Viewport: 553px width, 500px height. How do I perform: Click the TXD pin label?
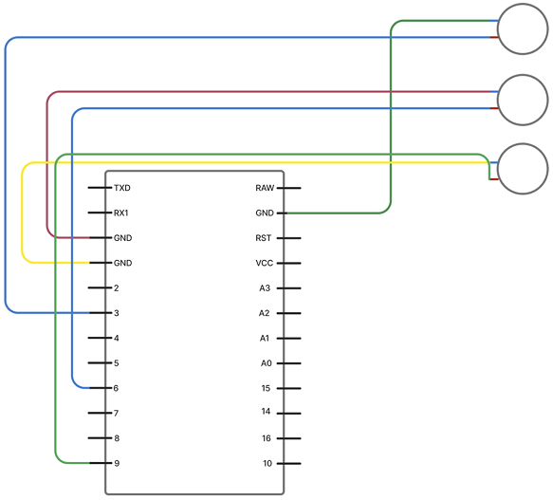(121, 188)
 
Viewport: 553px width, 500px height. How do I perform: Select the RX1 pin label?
(121, 213)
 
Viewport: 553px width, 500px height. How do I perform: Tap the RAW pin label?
(265, 188)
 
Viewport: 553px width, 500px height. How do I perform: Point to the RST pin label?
(265, 237)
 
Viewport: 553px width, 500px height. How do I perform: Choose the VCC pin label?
(265, 263)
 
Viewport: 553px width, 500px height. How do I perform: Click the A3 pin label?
(266, 287)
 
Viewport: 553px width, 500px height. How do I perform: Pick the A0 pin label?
(266, 362)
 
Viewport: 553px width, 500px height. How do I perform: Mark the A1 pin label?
(266, 338)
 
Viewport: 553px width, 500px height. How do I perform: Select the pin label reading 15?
(267, 387)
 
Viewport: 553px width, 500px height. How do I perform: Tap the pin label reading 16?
(267, 437)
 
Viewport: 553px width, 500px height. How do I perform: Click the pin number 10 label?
(267, 463)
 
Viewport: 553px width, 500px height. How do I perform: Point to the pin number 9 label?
(116, 463)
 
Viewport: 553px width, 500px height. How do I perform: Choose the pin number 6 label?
(116, 387)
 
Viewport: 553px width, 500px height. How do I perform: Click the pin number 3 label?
(116, 312)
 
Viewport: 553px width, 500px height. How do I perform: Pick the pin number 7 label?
(116, 413)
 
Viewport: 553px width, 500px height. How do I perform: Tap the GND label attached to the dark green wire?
(265, 213)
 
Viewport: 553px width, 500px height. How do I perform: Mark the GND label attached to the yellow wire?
(122, 263)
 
